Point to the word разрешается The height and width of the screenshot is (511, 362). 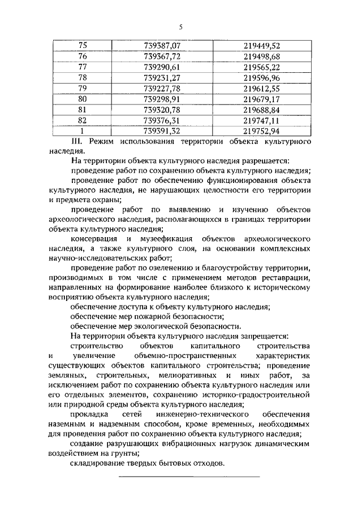click(266, 161)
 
